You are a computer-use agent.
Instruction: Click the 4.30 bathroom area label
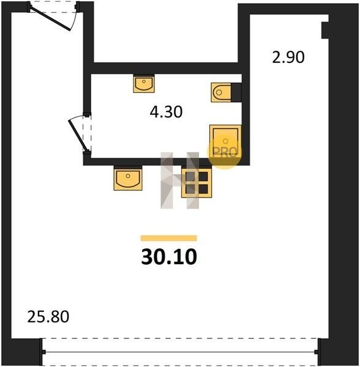point(166,112)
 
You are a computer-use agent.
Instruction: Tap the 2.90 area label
point(288,57)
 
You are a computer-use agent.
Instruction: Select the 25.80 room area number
point(48,317)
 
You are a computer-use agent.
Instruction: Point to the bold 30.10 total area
point(169,257)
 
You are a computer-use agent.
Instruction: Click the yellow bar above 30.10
point(168,238)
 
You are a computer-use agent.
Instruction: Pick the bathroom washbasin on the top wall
point(144,84)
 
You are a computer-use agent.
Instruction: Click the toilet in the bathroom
point(222,92)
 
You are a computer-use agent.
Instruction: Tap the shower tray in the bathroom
point(225,142)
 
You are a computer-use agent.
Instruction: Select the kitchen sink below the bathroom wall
point(128,179)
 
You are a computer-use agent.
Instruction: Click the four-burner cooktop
point(197,183)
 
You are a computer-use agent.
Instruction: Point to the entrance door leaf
point(51,18)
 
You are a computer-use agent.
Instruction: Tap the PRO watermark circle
point(224,152)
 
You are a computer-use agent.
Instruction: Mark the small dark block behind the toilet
point(236,92)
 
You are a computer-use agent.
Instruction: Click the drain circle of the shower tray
point(225,141)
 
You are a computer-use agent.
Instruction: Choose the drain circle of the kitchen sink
point(128,176)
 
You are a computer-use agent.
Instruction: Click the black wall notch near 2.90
point(325,30)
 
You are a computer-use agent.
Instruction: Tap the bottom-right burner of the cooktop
point(203,188)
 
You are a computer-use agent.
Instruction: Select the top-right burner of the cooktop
point(203,177)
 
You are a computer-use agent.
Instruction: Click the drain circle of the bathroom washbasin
point(144,81)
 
